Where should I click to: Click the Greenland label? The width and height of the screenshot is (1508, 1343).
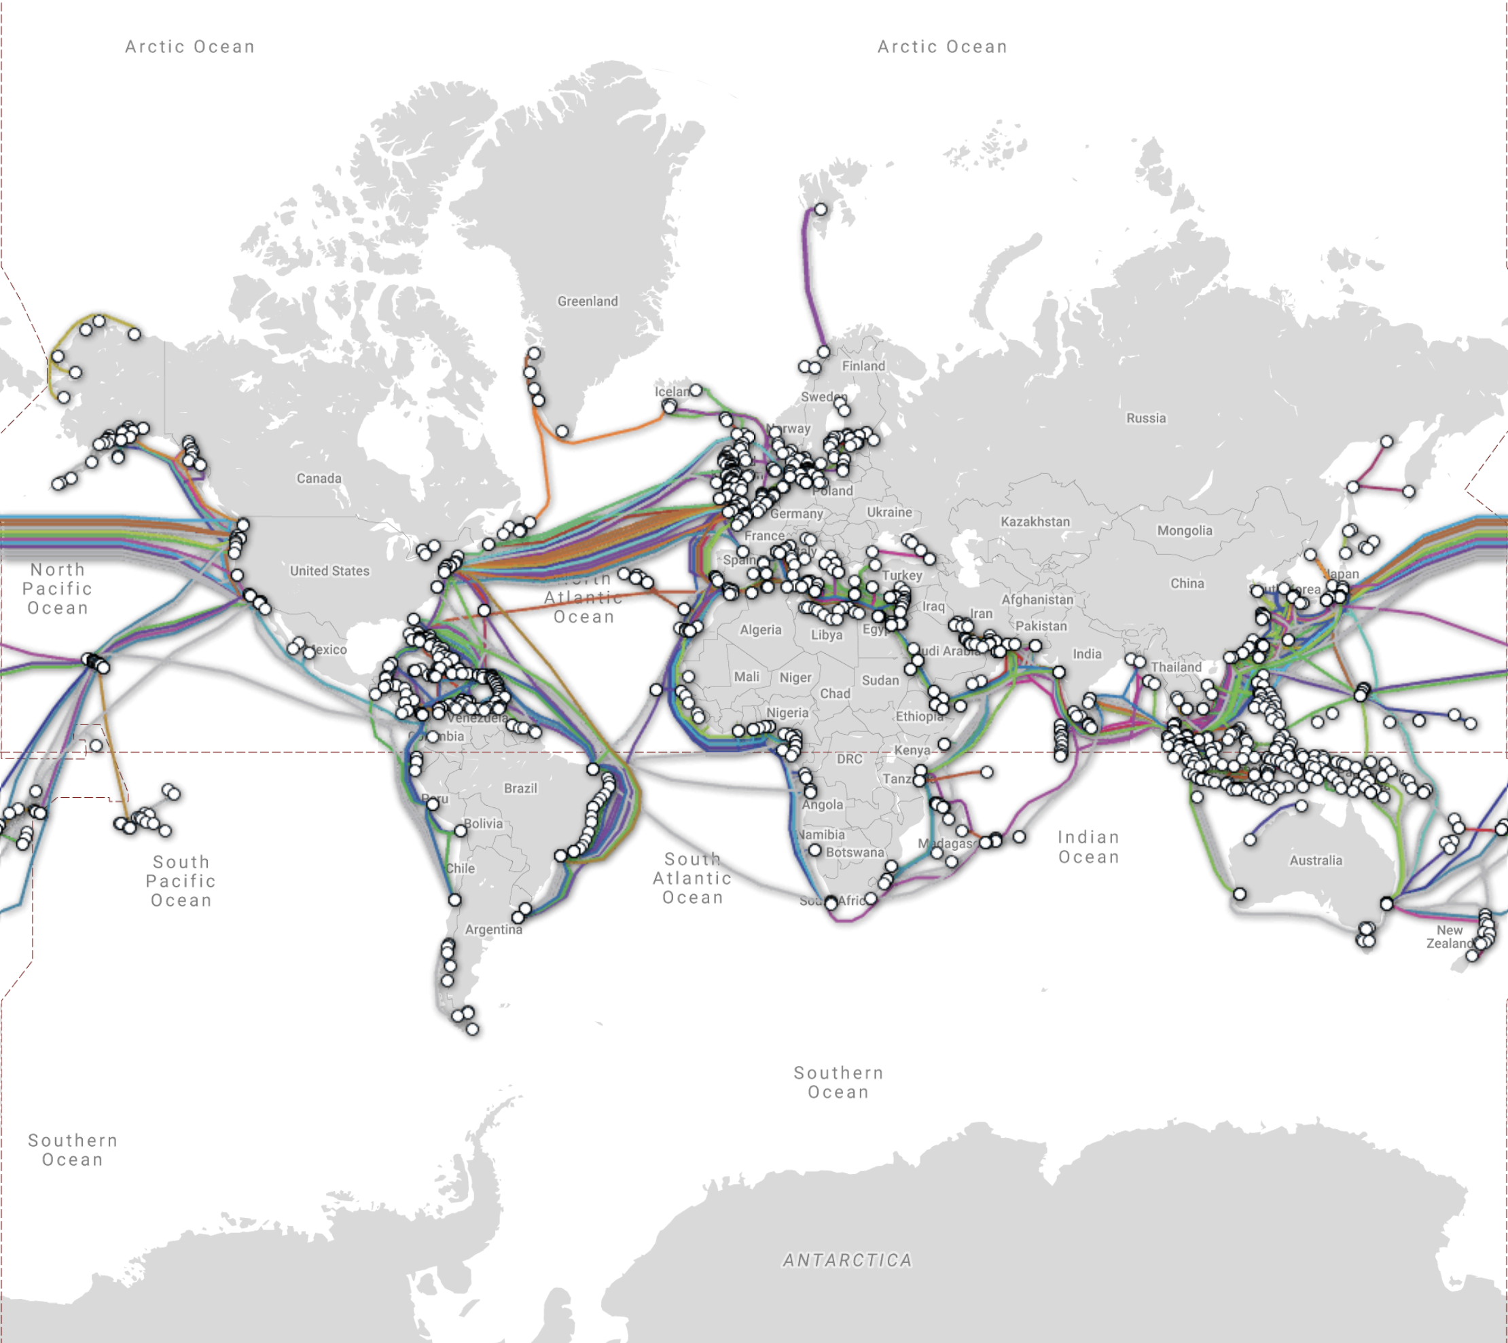pyautogui.click(x=588, y=301)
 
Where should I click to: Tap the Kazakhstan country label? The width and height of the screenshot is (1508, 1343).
pyautogui.click(x=1035, y=521)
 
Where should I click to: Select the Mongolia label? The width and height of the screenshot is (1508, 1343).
pyautogui.click(x=1184, y=530)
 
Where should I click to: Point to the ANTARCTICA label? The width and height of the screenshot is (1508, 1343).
pyautogui.click(x=847, y=1260)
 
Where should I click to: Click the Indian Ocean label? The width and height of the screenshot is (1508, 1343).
pyautogui.click(x=1089, y=847)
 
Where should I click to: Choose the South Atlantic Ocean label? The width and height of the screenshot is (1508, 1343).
pyautogui.click(x=692, y=878)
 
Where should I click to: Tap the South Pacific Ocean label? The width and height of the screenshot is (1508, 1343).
pyautogui.click(x=181, y=881)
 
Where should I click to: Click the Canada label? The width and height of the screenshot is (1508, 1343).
pyautogui.click(x=319, y=478)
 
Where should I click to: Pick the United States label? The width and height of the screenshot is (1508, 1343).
pyautogui.click(x=329, y=570)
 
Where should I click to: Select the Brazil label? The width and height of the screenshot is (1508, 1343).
pyautogui.click(x=520, y=788)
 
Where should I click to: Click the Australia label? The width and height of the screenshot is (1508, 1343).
pyautogui.click(x=1316, y=860)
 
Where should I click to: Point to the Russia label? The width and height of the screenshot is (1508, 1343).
pyautogui.click(x=1145, y=418)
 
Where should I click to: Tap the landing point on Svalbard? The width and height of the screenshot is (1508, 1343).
pyautogui.click(x=820, y=210)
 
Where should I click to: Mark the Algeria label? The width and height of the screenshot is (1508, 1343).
pyautogui.click(x=760, y=629)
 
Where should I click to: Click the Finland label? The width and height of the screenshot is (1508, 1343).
pyautogui.click(x=863, y=366)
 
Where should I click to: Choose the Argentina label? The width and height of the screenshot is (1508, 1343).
pyautogui.click(x=493, y=930)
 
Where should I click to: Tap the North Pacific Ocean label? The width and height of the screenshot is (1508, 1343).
pyautogui.click(x=58, y=589)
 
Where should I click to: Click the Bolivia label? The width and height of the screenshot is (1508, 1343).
pyautogui.click(x=484, y=824)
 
